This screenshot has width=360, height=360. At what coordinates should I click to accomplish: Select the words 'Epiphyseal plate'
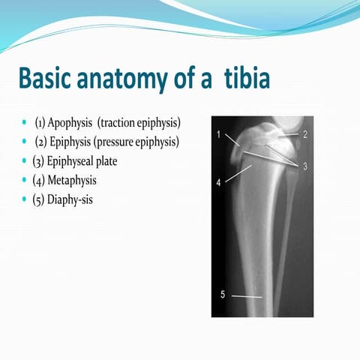click(85, 161)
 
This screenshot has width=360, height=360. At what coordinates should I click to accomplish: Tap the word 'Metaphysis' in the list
click(75, 181)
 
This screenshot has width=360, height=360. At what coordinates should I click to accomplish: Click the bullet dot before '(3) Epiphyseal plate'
click(26, 161)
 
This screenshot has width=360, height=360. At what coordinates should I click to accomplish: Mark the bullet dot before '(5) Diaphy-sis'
click(26, 199)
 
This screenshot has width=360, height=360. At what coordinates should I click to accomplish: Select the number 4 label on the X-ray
click(217, 181)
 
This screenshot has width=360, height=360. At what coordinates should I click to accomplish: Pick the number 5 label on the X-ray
click(222, 295)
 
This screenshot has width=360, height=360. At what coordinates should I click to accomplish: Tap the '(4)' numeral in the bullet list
click(40, 181)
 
